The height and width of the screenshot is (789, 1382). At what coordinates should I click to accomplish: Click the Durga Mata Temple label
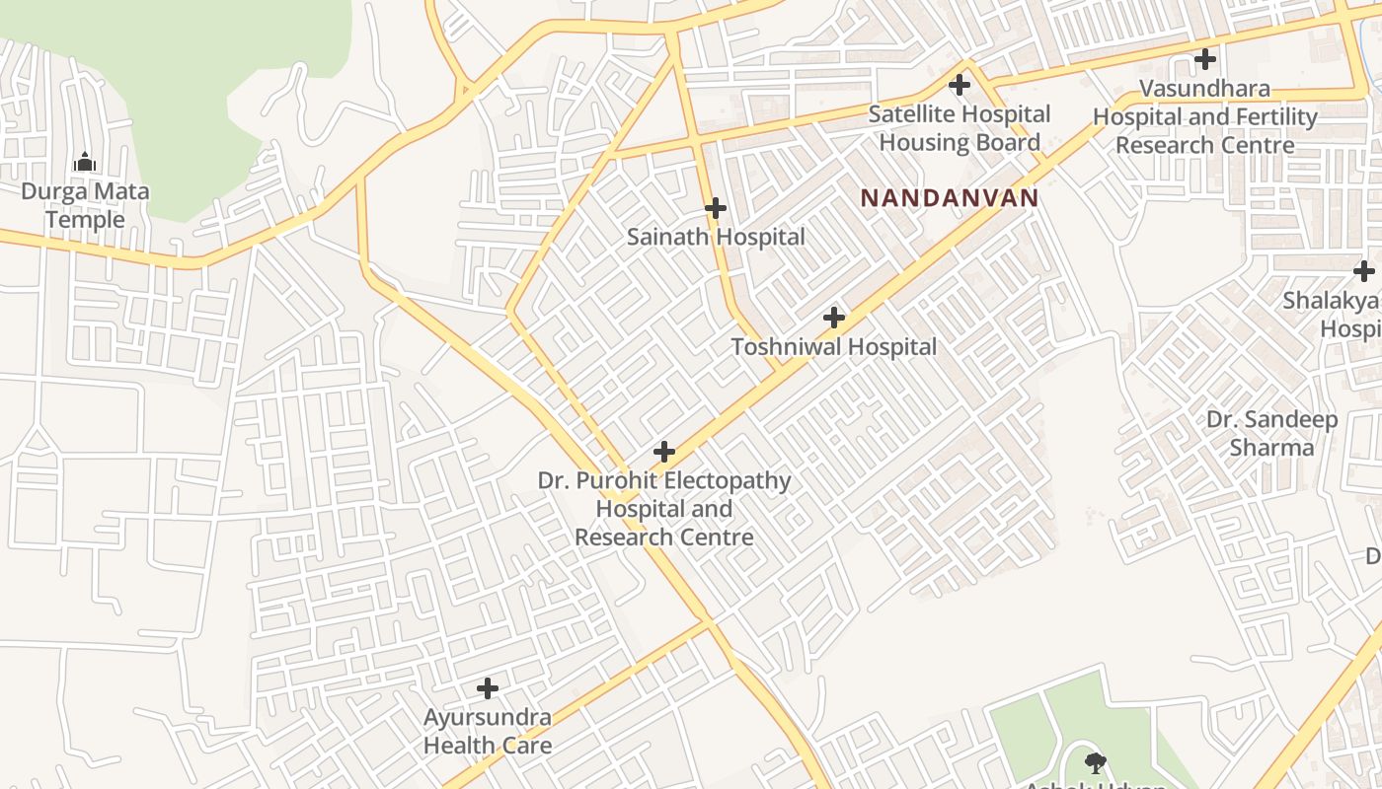(x=85, y=205)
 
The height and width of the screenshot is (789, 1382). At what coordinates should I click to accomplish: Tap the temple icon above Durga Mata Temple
(x=85, y=162)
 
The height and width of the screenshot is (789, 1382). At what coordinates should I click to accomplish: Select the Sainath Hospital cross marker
(x=716, y=208)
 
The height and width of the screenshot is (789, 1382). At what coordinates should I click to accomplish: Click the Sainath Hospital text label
(x=716, y=237)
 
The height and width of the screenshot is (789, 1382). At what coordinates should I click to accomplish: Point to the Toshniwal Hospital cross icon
(x=834, y=318)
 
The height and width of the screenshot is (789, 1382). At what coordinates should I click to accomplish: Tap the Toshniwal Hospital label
(x=833, y=347)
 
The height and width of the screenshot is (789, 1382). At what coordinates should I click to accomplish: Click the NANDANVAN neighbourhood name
(x=949, y=198)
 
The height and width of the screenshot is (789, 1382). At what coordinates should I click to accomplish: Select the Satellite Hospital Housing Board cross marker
(x=959, y=85)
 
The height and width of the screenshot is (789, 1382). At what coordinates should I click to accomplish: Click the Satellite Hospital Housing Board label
(x=959, y=128)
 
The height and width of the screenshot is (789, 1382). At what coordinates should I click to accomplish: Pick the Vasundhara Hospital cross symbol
(x=1204, y=59)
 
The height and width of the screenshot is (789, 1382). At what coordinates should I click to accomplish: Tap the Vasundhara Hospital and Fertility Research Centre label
(x=1204, y=116)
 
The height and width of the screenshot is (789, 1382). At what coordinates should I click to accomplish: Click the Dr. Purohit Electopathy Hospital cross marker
(x=664, y=452)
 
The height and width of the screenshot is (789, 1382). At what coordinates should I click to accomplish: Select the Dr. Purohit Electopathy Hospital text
(x=664, y=509)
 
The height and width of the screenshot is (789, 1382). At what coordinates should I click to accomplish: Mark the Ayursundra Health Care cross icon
(x=487, y=687)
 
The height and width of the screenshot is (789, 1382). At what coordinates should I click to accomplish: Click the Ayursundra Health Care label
(x=487, y=731)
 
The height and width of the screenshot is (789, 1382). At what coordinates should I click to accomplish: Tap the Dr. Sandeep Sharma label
(x=1271, y=434)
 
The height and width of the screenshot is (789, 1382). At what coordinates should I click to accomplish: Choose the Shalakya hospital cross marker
(x=1363, y=270)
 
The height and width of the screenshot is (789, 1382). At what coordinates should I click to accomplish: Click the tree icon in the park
(x=1095, y=761)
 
